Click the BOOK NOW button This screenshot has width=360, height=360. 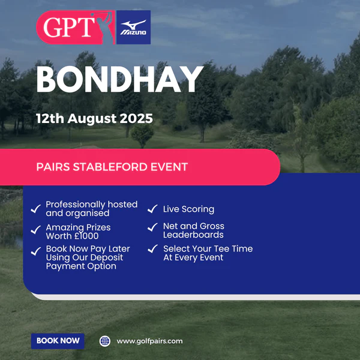tap(58, 341)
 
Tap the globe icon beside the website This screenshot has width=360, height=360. tap(105, 341)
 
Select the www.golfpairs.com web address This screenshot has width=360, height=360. tap(149, 341)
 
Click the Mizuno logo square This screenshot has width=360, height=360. tap(133, 27)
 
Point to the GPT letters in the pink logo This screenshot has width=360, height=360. tap(69, 27)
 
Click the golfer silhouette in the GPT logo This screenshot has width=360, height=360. tap(104, 28)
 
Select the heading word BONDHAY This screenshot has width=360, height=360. tap(119, 79)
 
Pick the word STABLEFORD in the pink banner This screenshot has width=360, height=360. tap(110, 167)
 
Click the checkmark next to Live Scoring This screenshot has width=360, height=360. tap(152, 209)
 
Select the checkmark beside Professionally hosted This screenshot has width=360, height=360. tap(36, 209)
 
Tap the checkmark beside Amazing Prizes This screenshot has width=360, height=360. tap(36, 230)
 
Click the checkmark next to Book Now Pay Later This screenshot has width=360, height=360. tap(36, 251)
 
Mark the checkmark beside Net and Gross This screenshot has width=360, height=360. tap(152, 227)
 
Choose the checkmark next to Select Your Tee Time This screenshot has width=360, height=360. tap(153, 248)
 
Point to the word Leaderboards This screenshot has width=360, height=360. tap(193, 235)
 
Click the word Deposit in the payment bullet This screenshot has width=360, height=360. tap(107, 258)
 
